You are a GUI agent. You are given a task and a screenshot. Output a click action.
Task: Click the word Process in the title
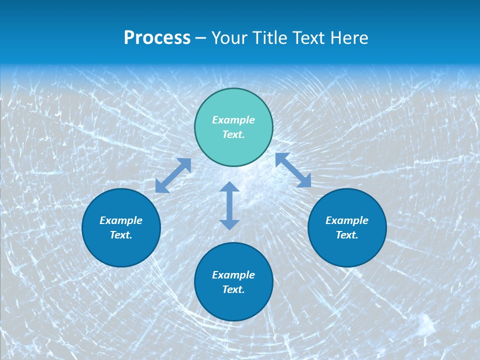pos(157,38)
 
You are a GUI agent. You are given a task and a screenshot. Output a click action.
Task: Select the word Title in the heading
pos(269,38)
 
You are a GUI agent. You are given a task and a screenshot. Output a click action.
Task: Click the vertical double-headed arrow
pos(229,205)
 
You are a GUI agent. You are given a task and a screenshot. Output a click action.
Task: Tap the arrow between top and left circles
pos(173,175)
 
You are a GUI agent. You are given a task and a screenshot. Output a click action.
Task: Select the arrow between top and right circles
pos(293,170)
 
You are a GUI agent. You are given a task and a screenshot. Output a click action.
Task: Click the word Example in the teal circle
pos(233,120)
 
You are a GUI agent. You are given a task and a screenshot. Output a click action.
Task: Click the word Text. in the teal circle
pos(233,134)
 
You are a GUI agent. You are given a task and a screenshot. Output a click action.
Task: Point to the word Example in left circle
pos(121,220)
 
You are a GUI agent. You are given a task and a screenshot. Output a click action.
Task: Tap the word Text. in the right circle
pos(347,235)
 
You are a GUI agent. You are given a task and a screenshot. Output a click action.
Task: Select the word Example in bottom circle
pos(233,275)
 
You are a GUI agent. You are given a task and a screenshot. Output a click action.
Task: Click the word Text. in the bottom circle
pos(233,289)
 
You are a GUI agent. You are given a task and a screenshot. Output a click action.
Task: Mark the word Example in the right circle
pos(347,220)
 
